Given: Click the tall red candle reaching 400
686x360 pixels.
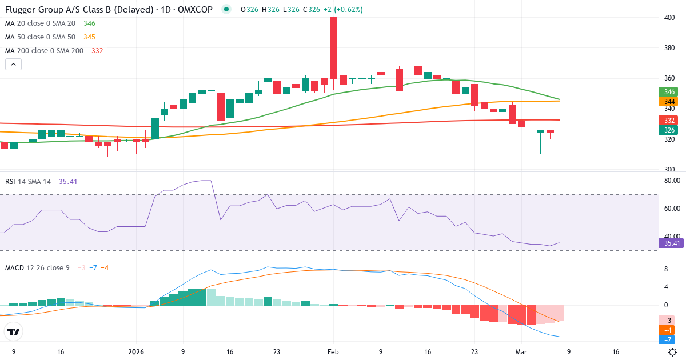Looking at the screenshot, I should point(333,48).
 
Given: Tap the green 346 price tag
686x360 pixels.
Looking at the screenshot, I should point(667,91).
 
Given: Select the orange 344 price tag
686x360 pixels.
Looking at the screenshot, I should point(667,102).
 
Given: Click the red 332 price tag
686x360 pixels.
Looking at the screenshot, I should point(667,120).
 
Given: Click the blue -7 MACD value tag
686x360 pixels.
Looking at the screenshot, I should point(667,339).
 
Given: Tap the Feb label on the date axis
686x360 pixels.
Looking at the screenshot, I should point(333,352).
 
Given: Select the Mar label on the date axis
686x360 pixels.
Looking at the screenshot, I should point(520,352).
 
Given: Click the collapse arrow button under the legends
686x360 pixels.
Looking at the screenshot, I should point(13,65).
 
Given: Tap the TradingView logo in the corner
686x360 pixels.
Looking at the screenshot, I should point(13,331).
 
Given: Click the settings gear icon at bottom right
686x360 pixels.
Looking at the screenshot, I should point(673,352).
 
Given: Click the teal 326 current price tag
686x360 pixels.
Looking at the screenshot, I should point(667,130).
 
